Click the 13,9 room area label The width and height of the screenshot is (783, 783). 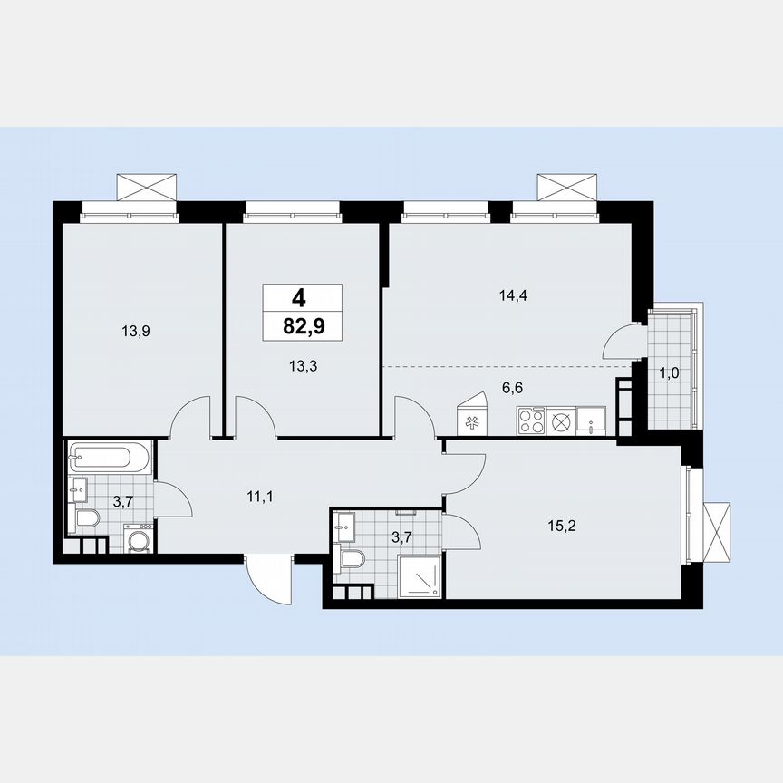(x=136, y=332)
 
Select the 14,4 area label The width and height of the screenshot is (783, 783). (x=513, y=295)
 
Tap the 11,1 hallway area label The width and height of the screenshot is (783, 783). (x=261, y=496)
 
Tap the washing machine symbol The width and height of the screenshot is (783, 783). (x=139, y=541)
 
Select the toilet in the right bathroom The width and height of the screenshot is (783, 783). (x=350, y=558)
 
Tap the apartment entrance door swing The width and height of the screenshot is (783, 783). (x=270, y=579)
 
